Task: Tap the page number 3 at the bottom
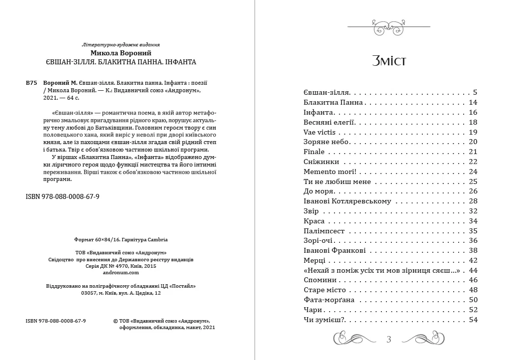click(x=389, y=340)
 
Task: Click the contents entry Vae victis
click(x=320, y=132)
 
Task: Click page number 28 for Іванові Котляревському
click(x=473, y=201)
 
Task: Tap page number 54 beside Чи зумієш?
click(x=473, y=320)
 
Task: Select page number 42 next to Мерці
click(x=473, y=261)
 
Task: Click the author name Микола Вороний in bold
click(x=121, y=53)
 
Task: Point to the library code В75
click(x=31, y=83)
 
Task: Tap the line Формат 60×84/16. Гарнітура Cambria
click(x=121, y=239)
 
